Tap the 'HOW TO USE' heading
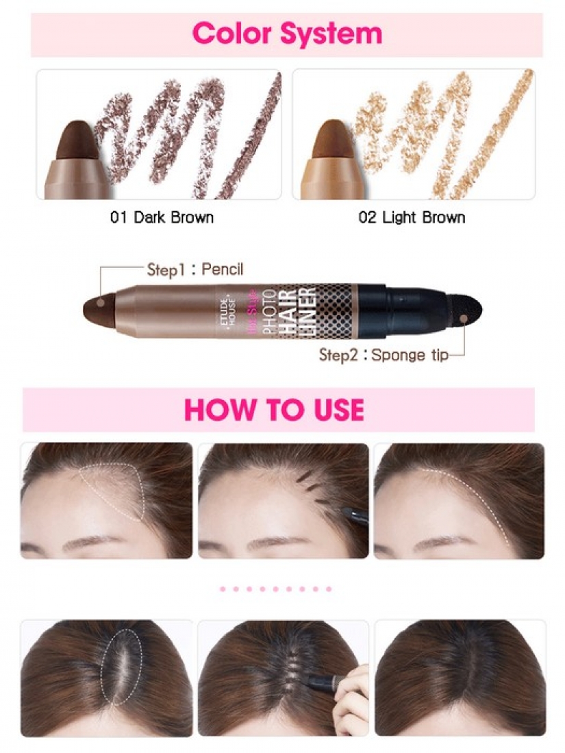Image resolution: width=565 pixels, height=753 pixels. coord(274,410)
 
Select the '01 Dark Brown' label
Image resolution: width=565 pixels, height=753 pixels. coord(162,218)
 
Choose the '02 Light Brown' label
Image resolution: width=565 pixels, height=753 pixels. coord(412,218)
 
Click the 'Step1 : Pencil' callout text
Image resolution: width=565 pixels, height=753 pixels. coord(195,269)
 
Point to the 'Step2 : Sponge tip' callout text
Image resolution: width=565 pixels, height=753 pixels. coord(384,356)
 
